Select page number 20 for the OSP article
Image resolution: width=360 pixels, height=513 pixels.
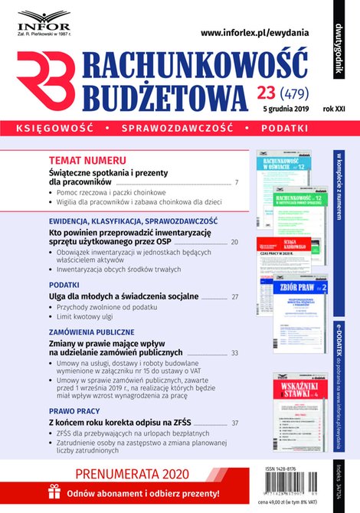[234, 242]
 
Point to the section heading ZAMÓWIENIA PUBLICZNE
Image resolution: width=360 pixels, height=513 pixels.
[91, 333]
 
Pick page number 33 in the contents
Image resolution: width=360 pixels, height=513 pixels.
[234, 353]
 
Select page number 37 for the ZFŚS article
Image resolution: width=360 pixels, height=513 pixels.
[234, 423]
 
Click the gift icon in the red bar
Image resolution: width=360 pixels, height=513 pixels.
[53, 493]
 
